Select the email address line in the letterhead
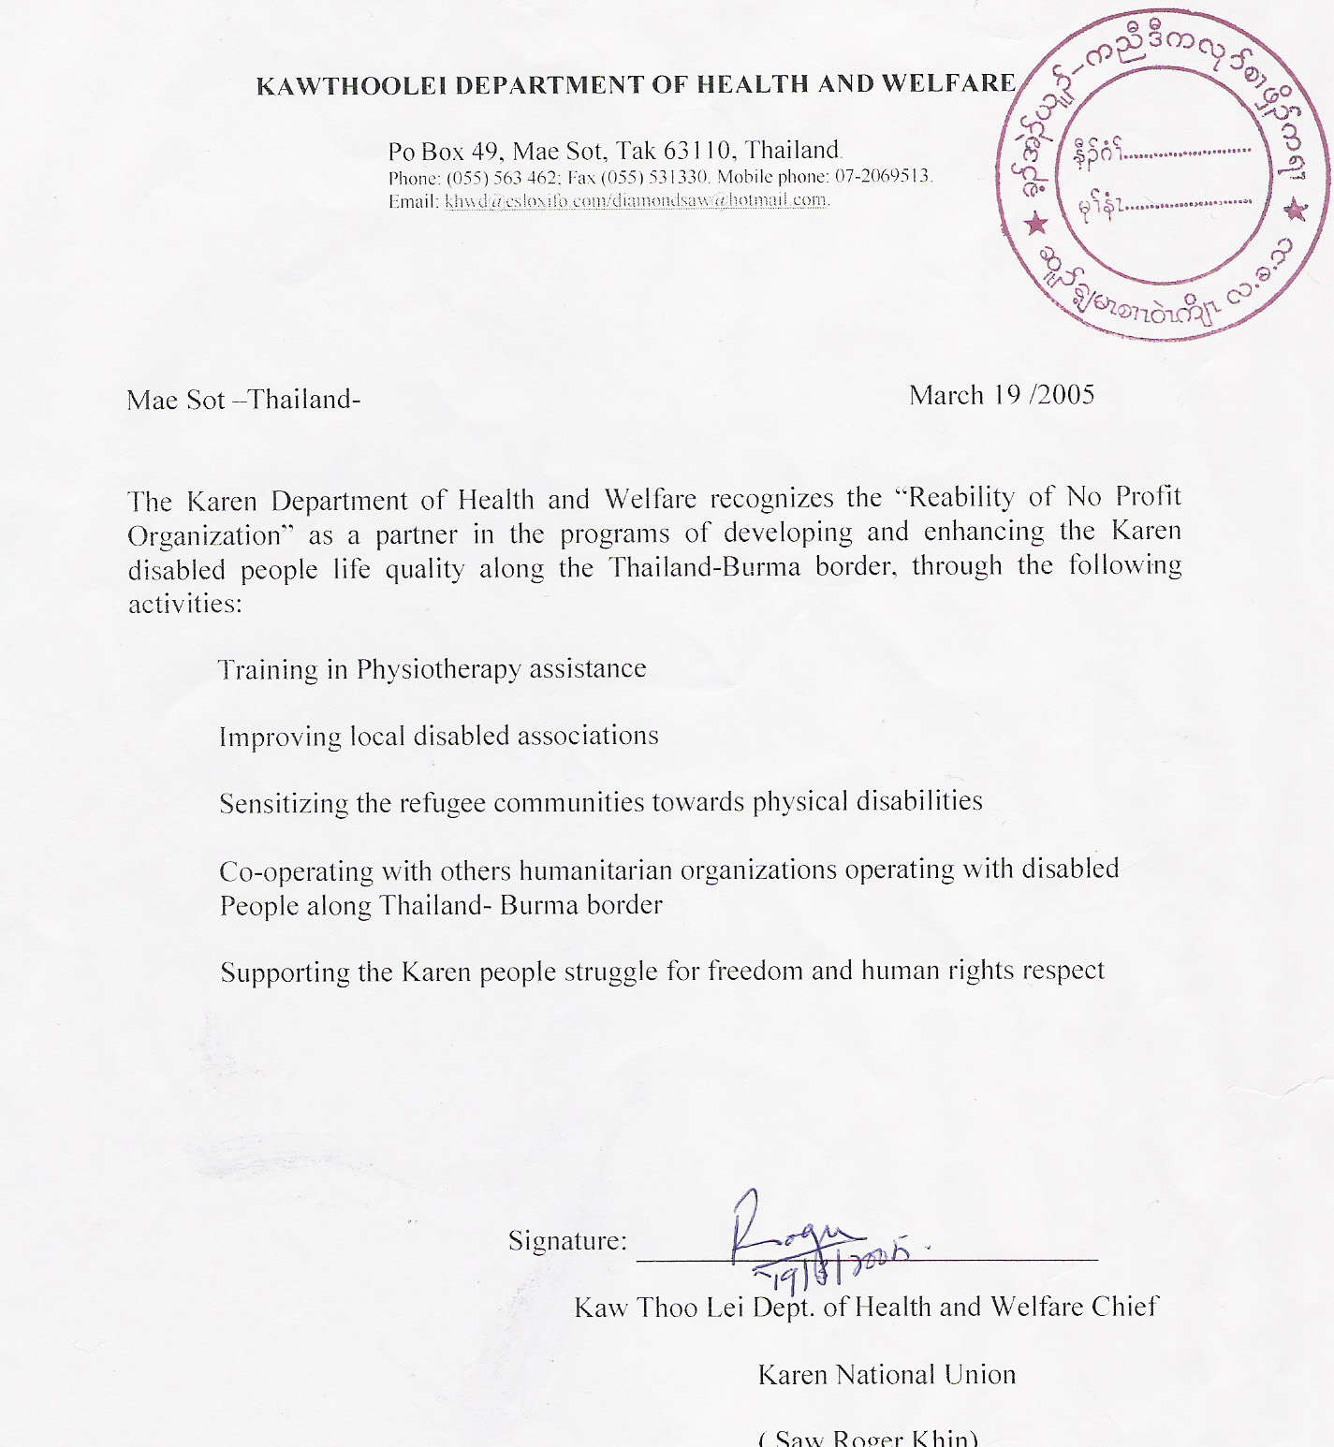(608, 200)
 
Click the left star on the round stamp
(1036, 225)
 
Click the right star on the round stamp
(1296, 210)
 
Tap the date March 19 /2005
(1002, 395)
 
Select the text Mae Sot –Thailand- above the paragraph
(243, 401)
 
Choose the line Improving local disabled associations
(438, 737)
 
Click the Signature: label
(567, 1241)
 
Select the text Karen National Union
(887, 1375)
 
